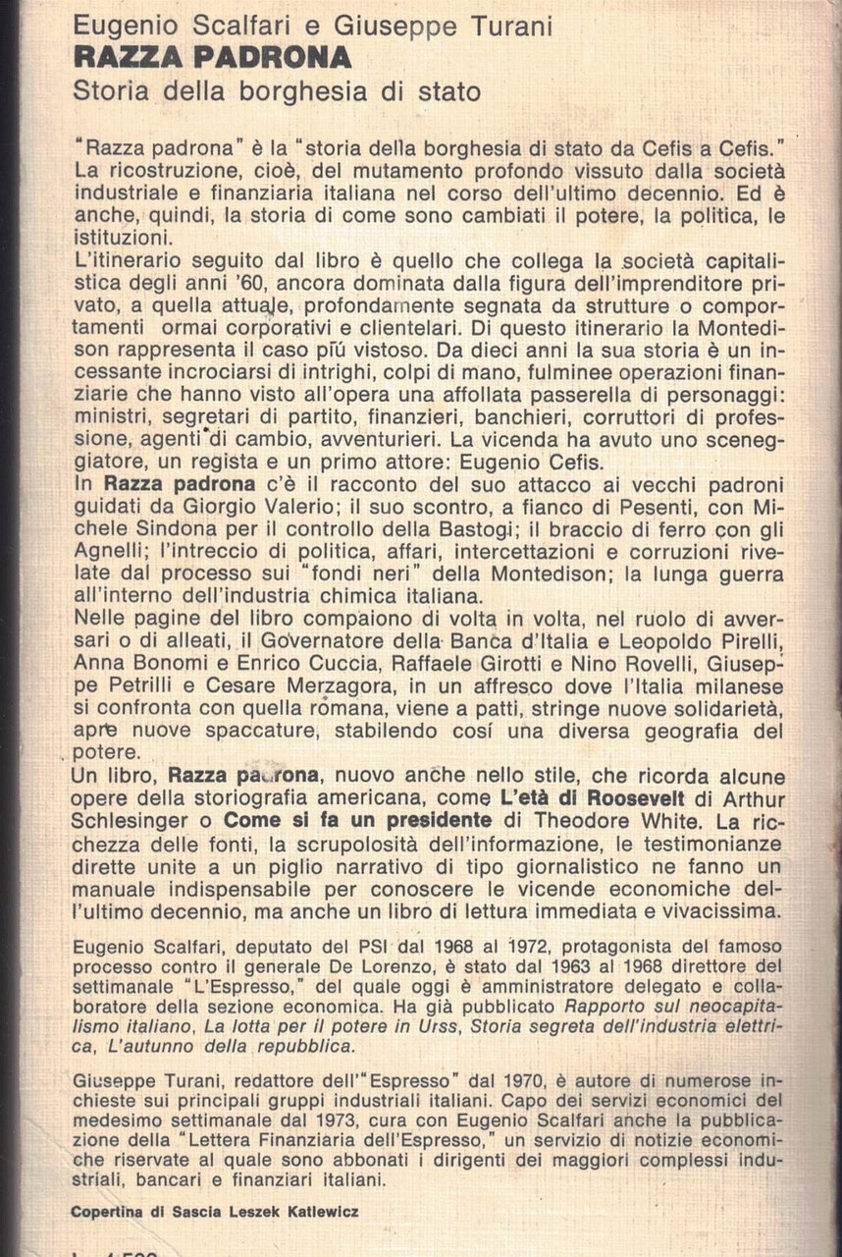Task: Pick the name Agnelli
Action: (x=113, y=557)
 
